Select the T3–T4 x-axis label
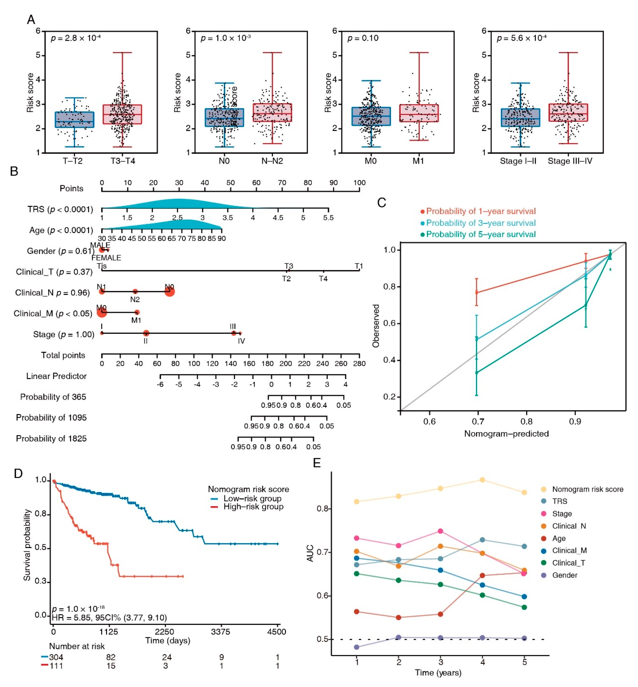[122, 161]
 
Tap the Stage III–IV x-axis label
[570, 161]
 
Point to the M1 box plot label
[418, 161]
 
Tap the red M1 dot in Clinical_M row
[137, 312]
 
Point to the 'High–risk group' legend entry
[253, 507]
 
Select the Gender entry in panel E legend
[564, 575]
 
